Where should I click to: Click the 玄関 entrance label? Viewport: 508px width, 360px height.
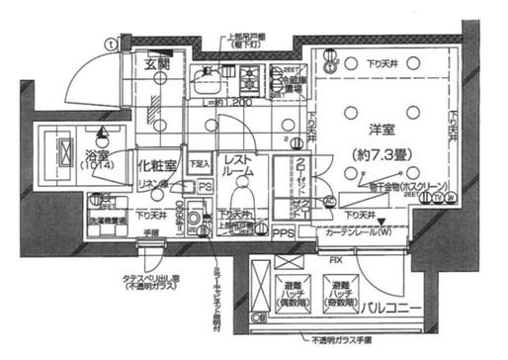(x=159, y=65)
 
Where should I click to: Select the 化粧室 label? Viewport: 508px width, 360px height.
(x=156, y=165)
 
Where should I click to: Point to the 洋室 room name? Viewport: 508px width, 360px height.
(x=370, y=130)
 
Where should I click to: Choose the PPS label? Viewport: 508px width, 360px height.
(x=283, y=233)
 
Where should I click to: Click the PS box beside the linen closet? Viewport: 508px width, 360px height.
(x=203, y=186)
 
